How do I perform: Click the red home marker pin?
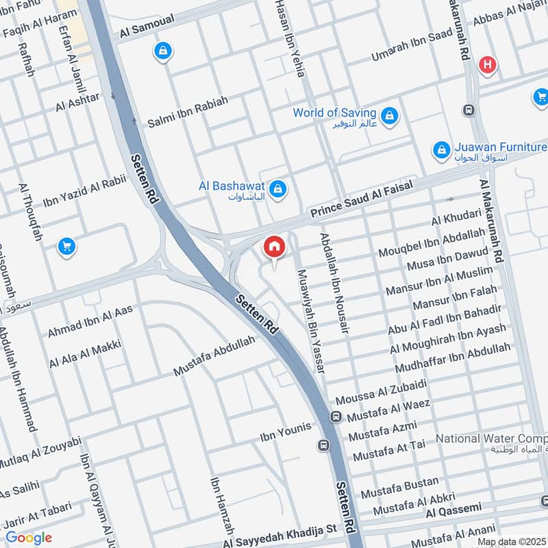click(x=274, y=247)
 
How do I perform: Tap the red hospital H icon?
click(x=487, y=65)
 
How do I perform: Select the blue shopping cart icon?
click(x=66, y=246)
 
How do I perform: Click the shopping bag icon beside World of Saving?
click(x=389, y=114)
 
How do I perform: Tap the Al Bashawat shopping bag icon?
click(x=277, y=188)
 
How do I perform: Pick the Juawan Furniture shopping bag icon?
click(x=442, y=149)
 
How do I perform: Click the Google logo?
click(x=28, y=537)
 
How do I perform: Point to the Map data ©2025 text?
click(x=512, y=542)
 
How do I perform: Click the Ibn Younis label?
click(x=285, y=432)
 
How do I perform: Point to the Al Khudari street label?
click(x=456, y=218)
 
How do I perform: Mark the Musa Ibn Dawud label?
click(x=448, y=260)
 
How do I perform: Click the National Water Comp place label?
click(x=491, y=438)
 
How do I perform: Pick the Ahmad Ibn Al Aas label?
click(x=89, y=321)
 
